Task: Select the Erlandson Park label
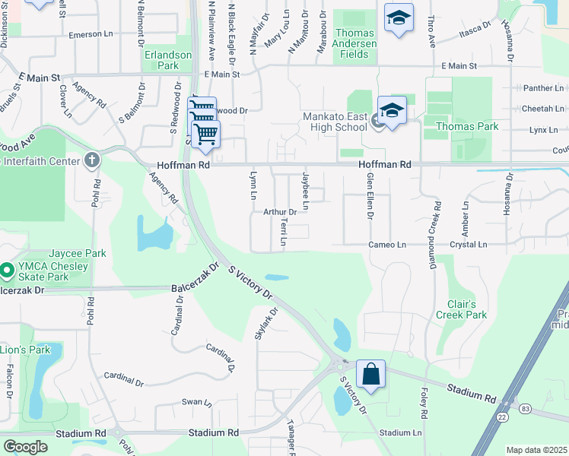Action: click(x=169, y=61)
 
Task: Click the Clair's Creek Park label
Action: click(x=461, y=309)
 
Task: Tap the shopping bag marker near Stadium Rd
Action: click(x=370, y=375)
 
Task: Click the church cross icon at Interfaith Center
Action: click(x=91, y=160)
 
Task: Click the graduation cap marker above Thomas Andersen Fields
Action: click(x=398, y=19)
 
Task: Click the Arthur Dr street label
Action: click(x=279, y=212)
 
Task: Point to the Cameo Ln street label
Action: click(x=388, y=245)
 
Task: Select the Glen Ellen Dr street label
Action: click(x=370, y=195)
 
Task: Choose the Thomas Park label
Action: click(x=467, y=126)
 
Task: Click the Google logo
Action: click(x=25, y=447)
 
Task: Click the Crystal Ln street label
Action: click(x=468, y=245)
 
